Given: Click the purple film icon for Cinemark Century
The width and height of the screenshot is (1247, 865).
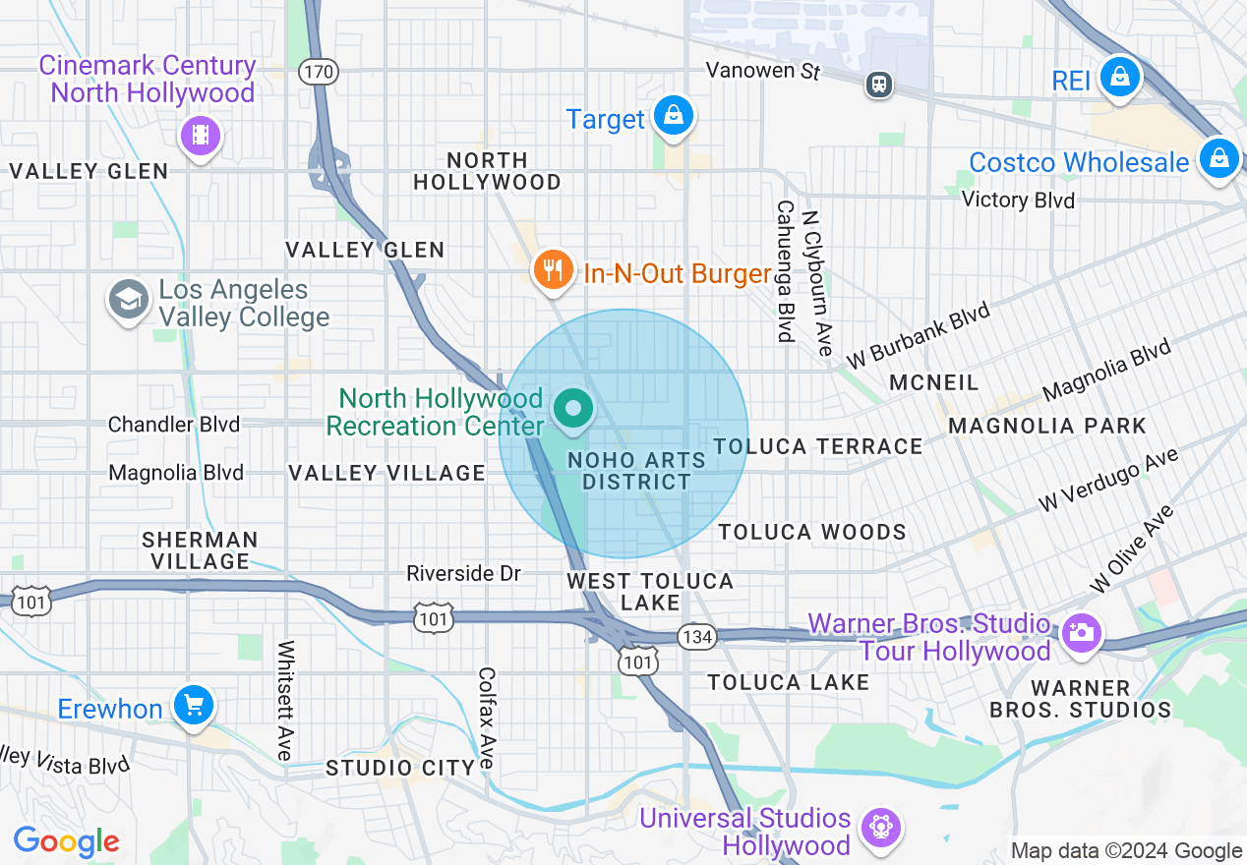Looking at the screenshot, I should click(x=201, y=135).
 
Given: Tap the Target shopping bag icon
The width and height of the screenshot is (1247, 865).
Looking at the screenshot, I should click(x=674, y=115).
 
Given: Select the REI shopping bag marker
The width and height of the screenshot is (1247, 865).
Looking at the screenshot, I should click(x=1118, y=76).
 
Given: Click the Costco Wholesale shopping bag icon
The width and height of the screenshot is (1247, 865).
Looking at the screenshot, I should click(x=1218, y=157).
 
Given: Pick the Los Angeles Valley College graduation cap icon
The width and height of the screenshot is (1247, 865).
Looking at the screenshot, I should click(x=130, y=300).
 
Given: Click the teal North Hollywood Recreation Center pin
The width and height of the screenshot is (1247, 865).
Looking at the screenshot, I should click(x=572, y=408).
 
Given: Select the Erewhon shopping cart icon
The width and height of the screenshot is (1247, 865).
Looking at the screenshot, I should click(x=193, y=704).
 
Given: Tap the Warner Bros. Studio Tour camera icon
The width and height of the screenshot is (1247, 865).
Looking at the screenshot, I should click(x=1081, y=632).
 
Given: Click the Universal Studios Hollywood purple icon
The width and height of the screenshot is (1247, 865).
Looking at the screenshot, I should click(x=880, y=828).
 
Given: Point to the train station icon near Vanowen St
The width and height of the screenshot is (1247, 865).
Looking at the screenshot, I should click(x=879, y=85).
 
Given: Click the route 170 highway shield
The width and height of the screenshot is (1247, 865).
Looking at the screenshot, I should click(x=321, y=72).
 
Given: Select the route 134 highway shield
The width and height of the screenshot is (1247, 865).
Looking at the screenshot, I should click(x=696, y=637).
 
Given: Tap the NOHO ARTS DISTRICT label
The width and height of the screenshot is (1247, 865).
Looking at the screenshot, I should click(x=636, y=471).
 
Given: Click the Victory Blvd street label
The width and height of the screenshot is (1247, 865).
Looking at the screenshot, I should click(x=1018, y=201).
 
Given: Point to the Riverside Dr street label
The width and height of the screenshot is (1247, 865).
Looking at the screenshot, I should click(x=463, y=573).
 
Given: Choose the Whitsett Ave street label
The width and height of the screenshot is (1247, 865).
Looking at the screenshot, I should click(x=286, y=700).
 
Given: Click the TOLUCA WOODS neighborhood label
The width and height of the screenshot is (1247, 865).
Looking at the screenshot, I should click(x=812, y=533).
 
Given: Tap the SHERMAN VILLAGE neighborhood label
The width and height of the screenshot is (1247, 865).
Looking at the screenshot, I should click(x=200, y=550).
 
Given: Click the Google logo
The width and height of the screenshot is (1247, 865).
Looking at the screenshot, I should click(x=66, y=841).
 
